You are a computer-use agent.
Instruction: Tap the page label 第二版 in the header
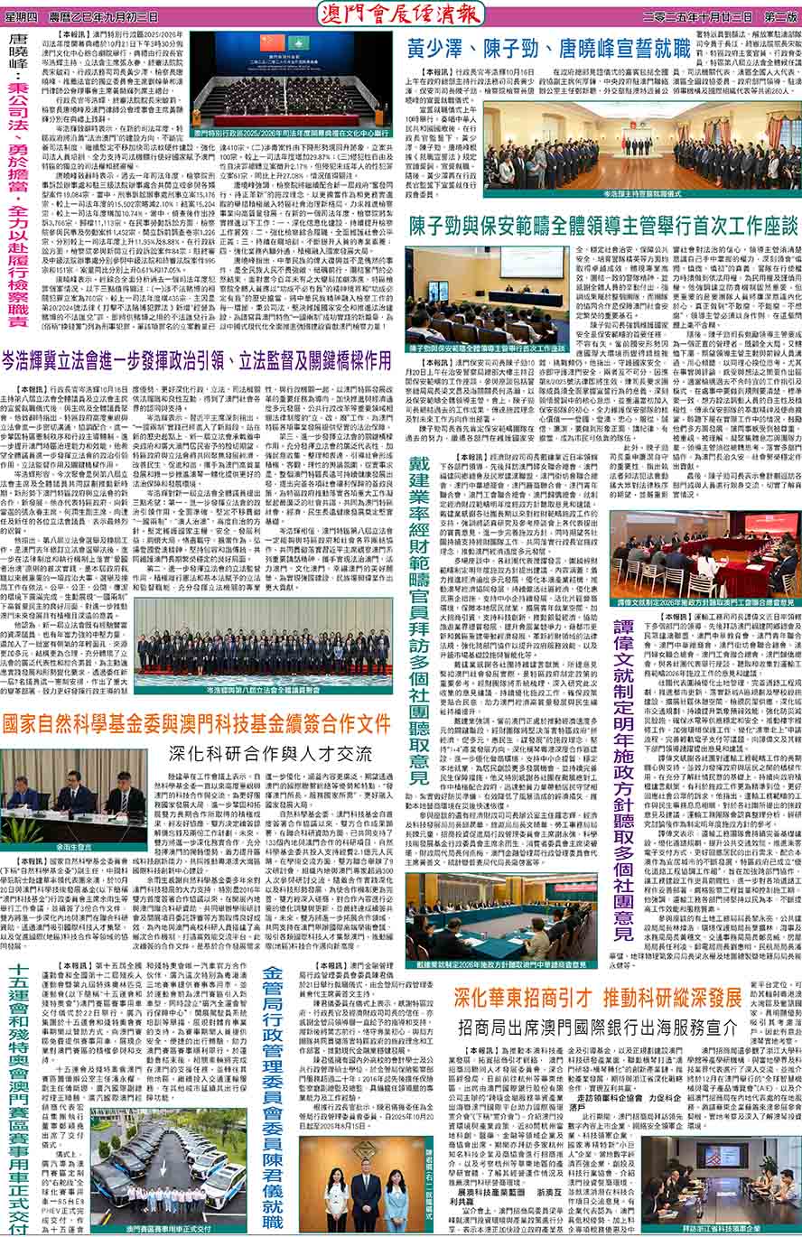click(x=776, y=16)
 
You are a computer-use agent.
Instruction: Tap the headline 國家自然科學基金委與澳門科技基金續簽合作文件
click(x=197, y=723)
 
